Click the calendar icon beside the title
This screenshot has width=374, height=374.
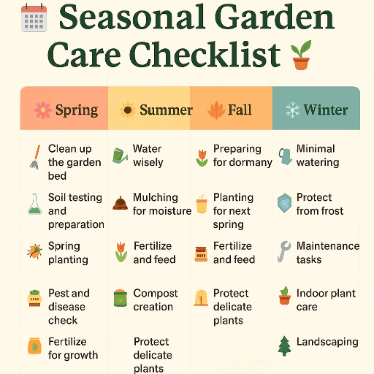click(x=34, y=18)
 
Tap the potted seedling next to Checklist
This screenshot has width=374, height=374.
click(x=299, y=56)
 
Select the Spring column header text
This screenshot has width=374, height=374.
click(x=76, y=110)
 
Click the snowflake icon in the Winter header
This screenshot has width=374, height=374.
click(x=292, y=110)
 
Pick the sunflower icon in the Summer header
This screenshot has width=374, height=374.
click(x=128, y=110)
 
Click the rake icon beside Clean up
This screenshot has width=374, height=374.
click(x=34, y=156)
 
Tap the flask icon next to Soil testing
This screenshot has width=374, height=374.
click(x=34, y=204)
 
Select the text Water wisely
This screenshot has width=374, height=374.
click(x=148, y=156)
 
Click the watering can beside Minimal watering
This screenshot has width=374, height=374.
click(x=285, y=156)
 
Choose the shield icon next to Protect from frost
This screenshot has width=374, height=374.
click(x=285, y=202)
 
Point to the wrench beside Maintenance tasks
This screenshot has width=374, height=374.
click(x=284, y=252)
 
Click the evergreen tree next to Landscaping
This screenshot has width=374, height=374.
click(x=285, y=346)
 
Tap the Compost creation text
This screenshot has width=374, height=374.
click(x=155, y=300)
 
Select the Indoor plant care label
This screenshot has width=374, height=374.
click(x=326, y=300)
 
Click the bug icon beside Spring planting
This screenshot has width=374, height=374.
click(x=34, y=252)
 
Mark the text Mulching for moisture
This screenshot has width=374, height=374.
click(x=161, y=204)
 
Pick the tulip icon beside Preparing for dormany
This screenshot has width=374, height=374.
click(x=202, y=156)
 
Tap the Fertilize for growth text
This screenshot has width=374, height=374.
click(x=72, y=348)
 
